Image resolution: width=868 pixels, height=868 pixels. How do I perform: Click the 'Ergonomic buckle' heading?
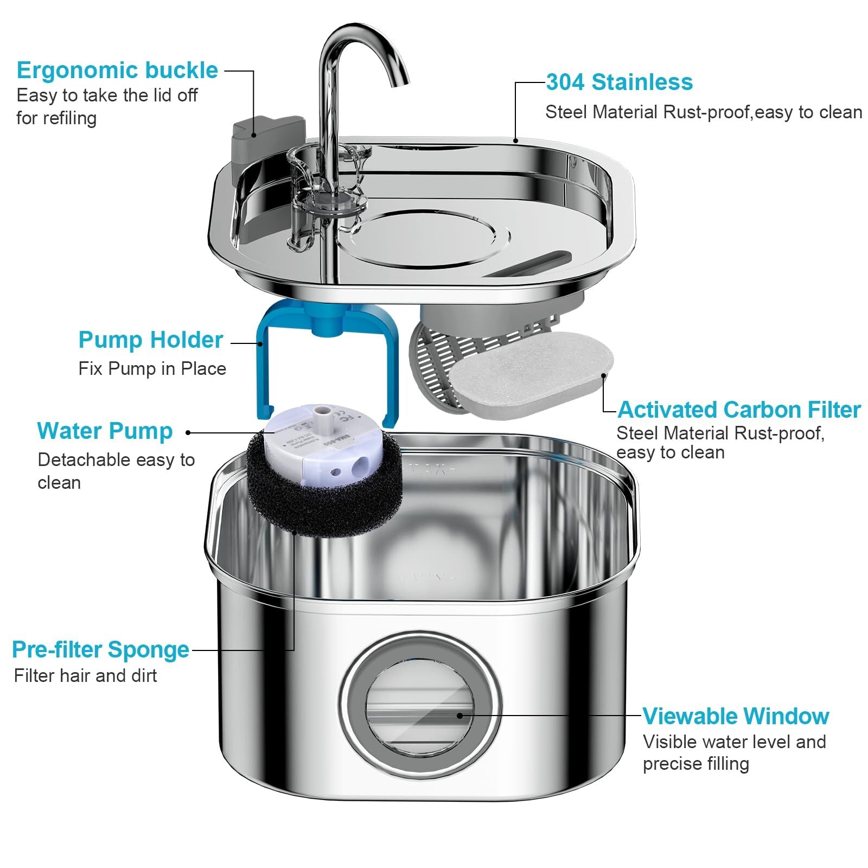pyautogui.click(x=117, y=71)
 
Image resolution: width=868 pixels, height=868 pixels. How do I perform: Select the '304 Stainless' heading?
pyautogui.click(x=619, y=82)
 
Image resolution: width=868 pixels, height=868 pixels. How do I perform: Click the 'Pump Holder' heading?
pyautogui.click(x=150, y=340)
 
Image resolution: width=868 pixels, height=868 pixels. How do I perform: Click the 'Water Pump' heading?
pyautogui.click(x=105, y=431)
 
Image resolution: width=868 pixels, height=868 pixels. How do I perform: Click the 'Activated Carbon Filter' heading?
pyautogui.click(x=739, y=410)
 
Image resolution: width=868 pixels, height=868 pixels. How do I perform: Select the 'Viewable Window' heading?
pyautogui.click(x=736, y=717)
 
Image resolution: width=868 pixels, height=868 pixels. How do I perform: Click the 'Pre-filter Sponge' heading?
pyautogui.click(x=101, y=650)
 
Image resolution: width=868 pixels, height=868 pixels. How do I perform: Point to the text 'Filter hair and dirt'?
pyautogui.click(x=85, y=676)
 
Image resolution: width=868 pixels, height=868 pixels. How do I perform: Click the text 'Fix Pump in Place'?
pyautogui.click(x=152, y=369)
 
